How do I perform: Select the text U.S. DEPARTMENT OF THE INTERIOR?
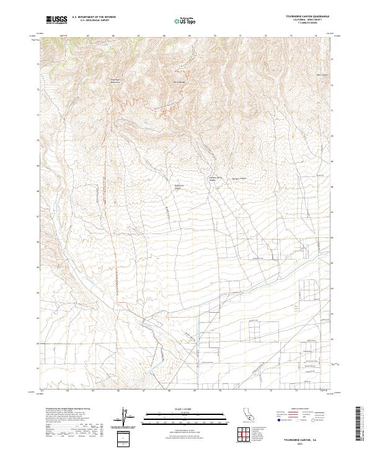tap(94, 17)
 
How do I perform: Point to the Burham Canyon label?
tap(231, 180)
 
